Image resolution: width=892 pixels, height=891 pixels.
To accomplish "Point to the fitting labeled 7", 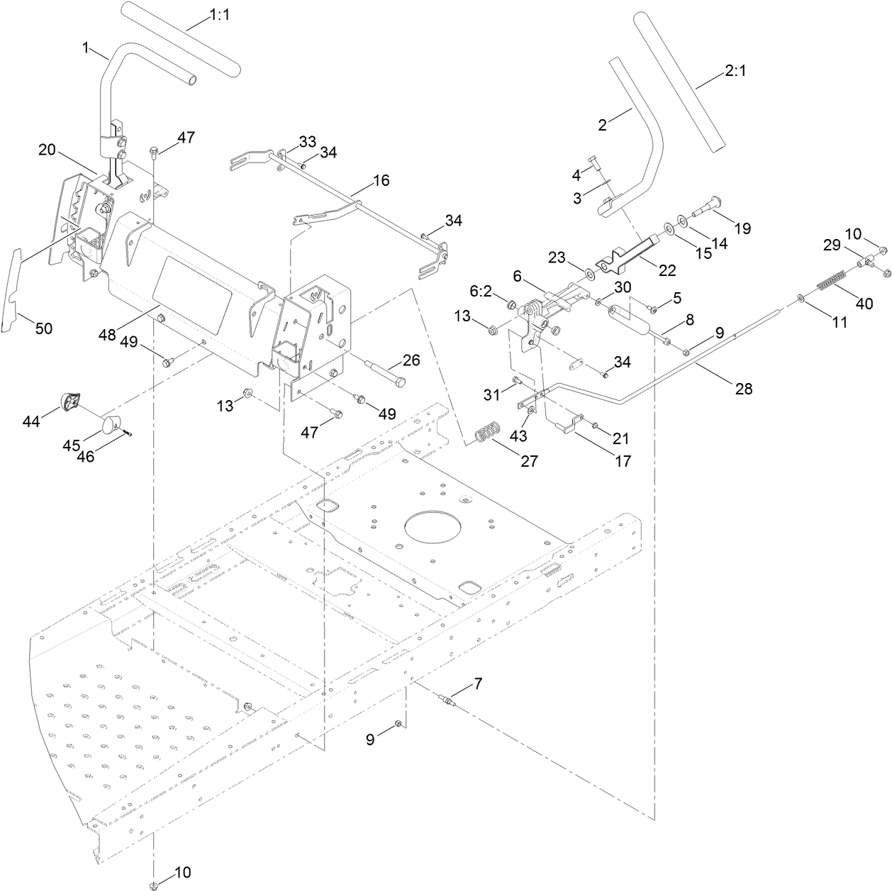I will click(x=448, y=702).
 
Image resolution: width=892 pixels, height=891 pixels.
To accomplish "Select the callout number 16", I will click(x=381, y=180).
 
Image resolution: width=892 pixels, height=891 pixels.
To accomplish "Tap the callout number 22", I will click(x=667, y=270).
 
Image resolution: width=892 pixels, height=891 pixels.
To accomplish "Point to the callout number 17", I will click(x=623, y=461).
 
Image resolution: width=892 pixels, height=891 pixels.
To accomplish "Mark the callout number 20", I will click(x=47, y=150).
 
